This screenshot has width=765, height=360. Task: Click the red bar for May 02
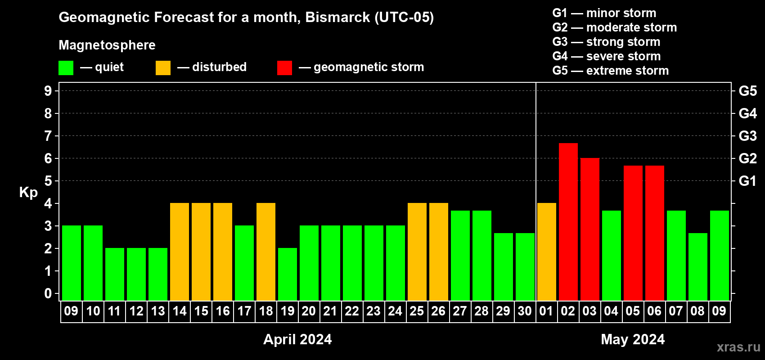(568, 222)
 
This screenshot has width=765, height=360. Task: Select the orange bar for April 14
(180, 252)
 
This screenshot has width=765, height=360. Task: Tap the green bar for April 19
(288, 274)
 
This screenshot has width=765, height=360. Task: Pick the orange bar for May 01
(547, 252)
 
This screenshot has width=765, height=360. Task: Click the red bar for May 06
(655, 233)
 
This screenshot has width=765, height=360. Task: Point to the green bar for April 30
(525, 267)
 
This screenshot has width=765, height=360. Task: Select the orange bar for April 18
(266, 252)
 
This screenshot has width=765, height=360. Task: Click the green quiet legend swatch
(66, 67)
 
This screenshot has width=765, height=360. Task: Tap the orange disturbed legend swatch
(163, 67)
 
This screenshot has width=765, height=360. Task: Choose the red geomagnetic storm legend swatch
(284, 67)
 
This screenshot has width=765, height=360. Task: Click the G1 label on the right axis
(747, 181)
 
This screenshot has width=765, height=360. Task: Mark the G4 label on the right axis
(747, 113)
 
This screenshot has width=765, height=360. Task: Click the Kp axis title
(28, 192)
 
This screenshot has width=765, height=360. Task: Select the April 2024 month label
(297, 339)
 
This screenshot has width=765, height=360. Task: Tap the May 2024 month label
(633, 339)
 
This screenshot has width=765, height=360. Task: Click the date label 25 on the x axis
(417, 311)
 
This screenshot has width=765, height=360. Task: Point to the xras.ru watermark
(738, 347)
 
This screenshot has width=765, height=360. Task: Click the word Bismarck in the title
(337, 17)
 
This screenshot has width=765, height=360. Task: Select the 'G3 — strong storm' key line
(606, 42)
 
